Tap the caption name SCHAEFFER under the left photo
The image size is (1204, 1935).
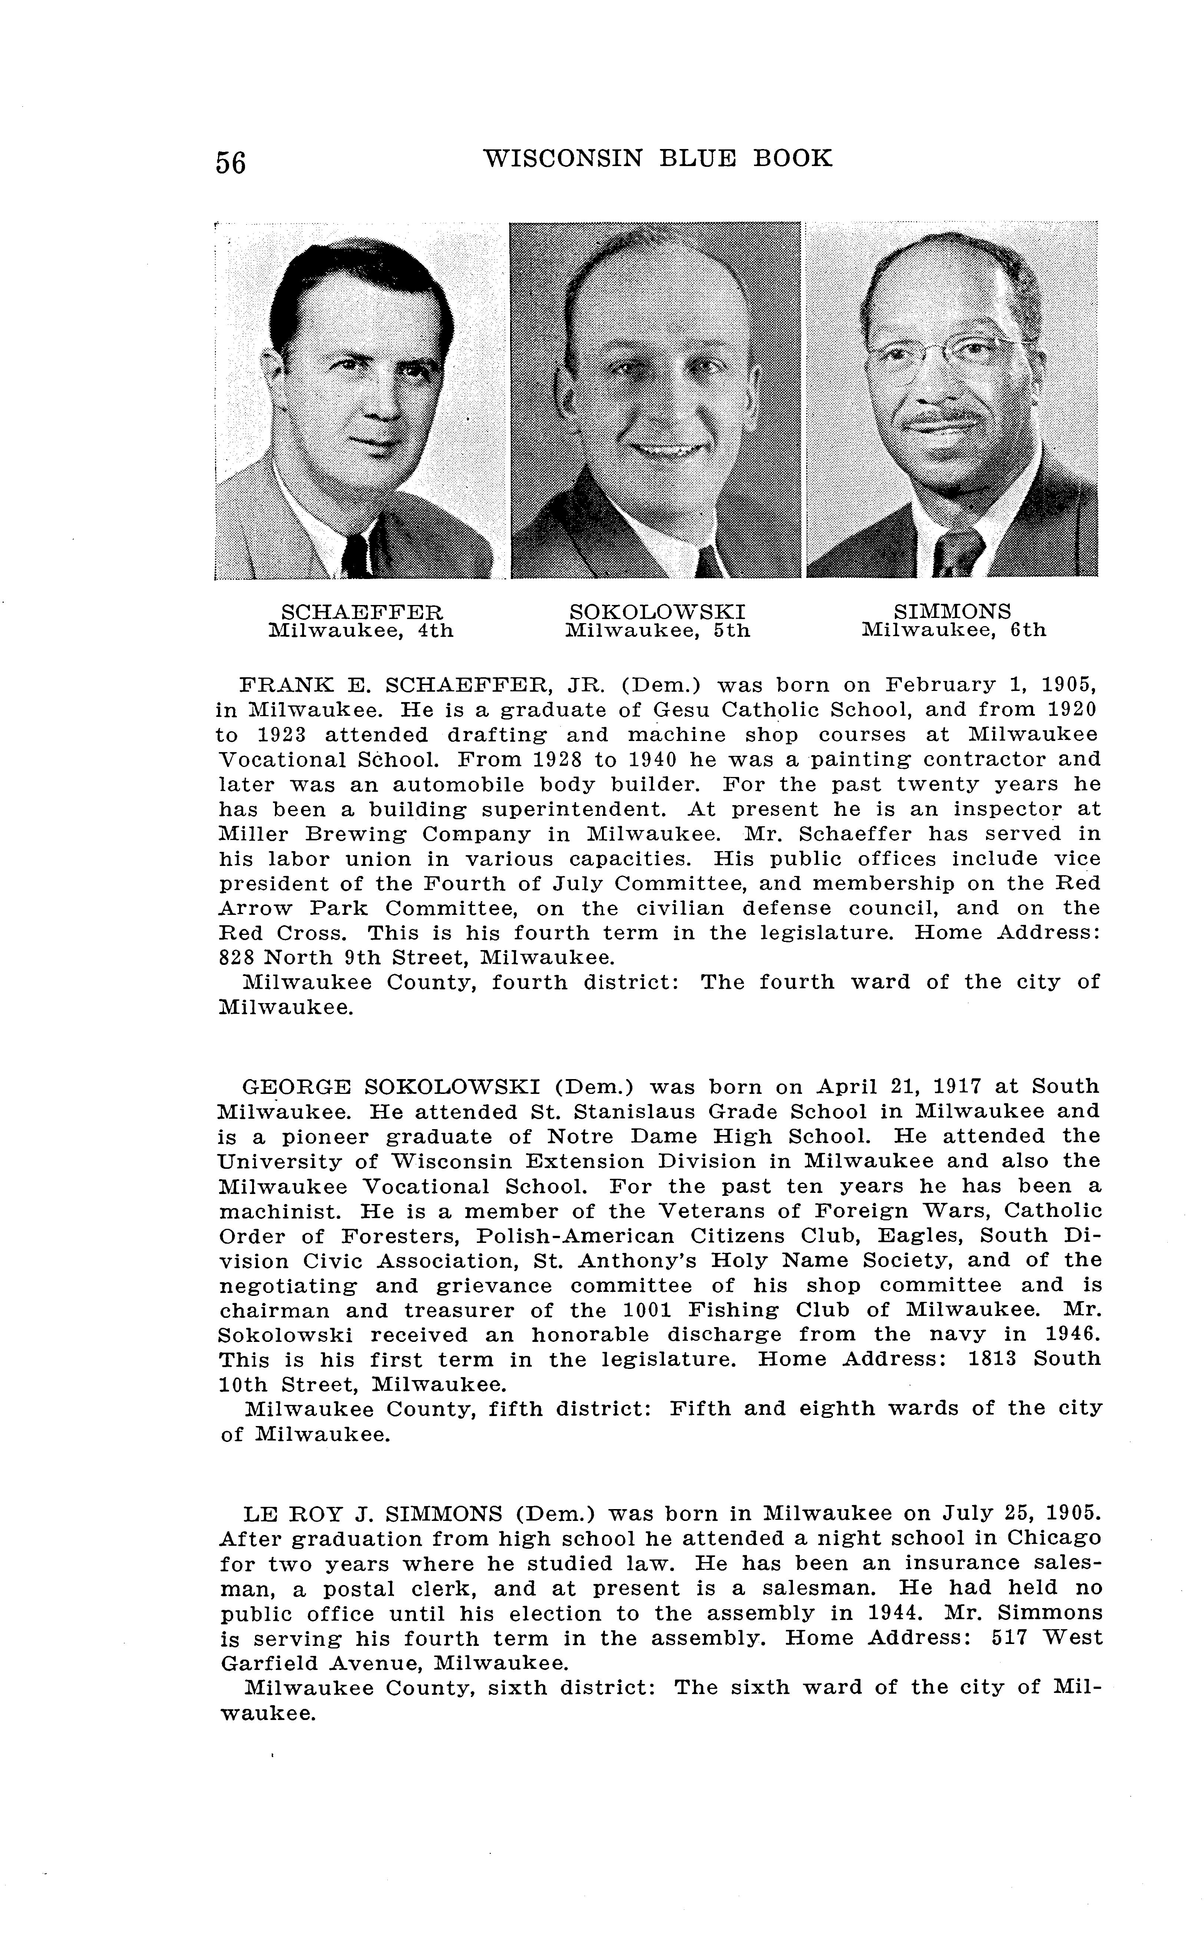click(x=362, y=612)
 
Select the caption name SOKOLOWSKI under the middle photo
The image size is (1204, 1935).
click(x=658, y=612)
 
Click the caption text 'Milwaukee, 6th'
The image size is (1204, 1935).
click(x=954, y=631)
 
